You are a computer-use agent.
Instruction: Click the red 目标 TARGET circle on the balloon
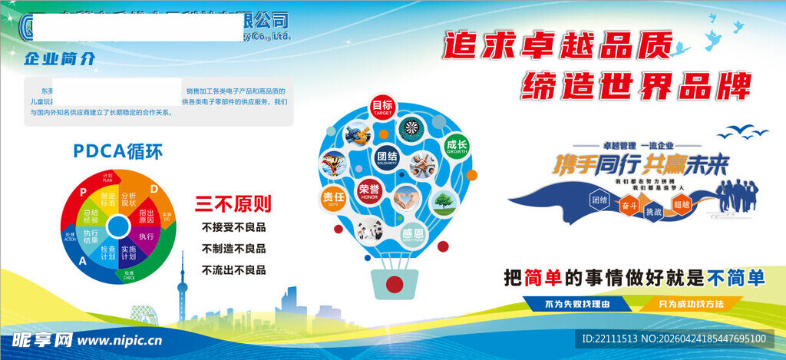point(382,107)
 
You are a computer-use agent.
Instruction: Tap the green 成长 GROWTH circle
point(457,146)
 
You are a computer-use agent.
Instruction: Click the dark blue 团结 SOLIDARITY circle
point(388,157)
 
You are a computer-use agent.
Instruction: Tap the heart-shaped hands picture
point(407,198)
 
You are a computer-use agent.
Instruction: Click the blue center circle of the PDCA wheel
point(118,226)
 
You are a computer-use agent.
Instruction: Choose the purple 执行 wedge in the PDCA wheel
point(146,236)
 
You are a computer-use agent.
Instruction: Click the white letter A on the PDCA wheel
point(82,261)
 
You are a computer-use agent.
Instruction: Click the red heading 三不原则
point(233,204)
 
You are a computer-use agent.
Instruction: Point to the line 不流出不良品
point(233,269)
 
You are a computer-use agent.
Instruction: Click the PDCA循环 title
point(118,151)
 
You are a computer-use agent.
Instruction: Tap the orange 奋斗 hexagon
point(628,205)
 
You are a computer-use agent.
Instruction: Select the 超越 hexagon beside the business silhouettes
point(681,204)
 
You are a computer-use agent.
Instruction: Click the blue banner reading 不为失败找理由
point(578,303)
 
